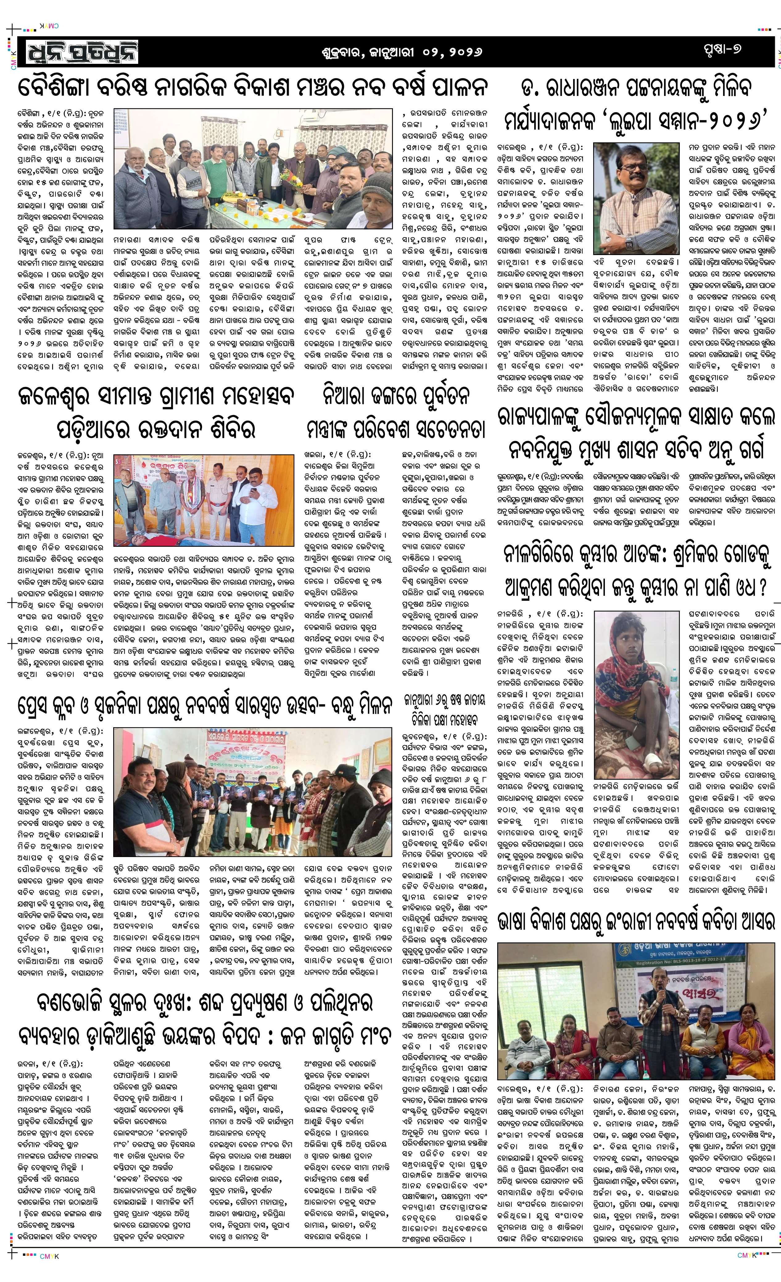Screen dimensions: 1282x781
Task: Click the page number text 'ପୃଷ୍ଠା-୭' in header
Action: coord(721,50)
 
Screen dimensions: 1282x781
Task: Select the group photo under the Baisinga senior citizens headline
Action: coord(253,169)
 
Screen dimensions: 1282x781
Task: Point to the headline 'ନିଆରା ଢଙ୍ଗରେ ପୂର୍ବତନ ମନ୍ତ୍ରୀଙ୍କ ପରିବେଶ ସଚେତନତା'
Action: coord(395,413)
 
